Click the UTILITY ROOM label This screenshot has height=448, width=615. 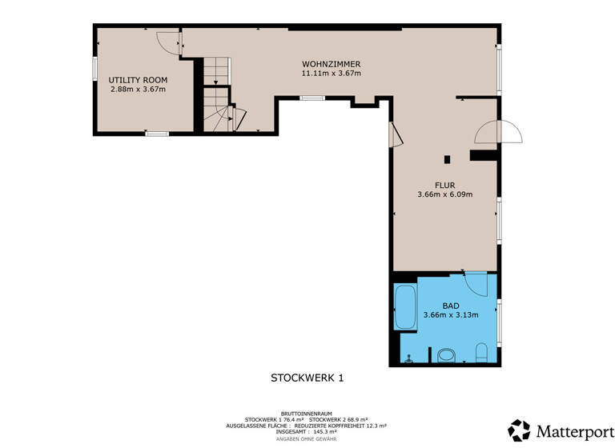click(x=138, y=80)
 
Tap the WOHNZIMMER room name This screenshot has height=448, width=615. click(x=331, y=64)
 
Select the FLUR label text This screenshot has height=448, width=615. click(x=444, y=185)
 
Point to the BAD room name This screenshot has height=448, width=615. click(x=450, y=306)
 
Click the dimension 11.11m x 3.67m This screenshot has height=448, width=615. click(x=331, y=74)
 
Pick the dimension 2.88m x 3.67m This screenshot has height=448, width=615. click(x=138, y=90)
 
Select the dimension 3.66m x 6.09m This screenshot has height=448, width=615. click(x=444, y=194)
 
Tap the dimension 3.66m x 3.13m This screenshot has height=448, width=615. click(x=450, y=315)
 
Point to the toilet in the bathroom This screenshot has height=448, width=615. click(x=482, y=352)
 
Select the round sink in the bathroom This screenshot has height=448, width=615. click(x=445, y=354)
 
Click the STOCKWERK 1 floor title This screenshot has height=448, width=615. click(x=307, y=377)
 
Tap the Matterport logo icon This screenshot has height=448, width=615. click(x=519, y=430)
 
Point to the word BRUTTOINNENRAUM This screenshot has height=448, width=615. click(x=307, y=412)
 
